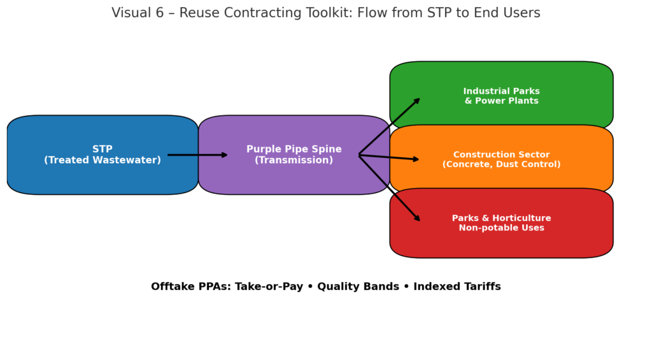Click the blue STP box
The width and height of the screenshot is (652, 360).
(x=103, y=155)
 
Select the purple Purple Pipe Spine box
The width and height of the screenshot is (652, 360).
(x=294, y=155)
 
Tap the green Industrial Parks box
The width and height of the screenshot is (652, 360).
(x=502, y=96)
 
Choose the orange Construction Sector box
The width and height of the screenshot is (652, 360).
(x=502, y=159)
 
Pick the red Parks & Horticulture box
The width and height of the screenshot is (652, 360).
(x=502, y=223)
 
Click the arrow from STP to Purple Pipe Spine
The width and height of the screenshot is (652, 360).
(x=197, y=155)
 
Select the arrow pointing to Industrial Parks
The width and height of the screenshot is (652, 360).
(x=389, y=127)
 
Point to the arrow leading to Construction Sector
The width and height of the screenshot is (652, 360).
(x=389, y=157)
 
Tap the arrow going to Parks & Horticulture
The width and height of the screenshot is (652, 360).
(x=389, y=188)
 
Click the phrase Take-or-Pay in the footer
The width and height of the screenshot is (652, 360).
(x=269, y=286)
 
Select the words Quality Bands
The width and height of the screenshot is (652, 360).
(x=358, y=286)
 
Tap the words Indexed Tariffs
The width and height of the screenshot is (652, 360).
(x=457, y=286)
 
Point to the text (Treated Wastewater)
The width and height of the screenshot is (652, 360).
(x=103, y=160)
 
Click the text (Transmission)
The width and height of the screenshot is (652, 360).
(x=294, y=160)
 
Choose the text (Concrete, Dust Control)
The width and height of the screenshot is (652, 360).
(x=502, y=164)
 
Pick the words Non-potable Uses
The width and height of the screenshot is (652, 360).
(x=502, y=227)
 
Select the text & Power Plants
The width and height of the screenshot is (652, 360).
(x=502, y=101)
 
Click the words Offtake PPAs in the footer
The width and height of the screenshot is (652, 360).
(x=191, y=286)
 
